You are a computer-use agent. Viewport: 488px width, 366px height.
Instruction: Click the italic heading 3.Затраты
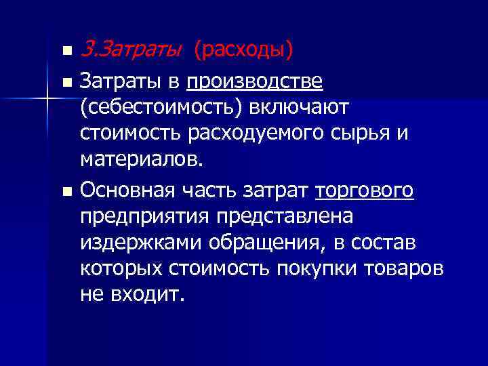(130, 49)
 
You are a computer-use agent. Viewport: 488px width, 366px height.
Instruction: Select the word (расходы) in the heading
(243, 49)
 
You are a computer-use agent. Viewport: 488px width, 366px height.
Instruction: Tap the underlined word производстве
(255, 83)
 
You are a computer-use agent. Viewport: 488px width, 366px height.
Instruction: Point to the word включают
(298, 107)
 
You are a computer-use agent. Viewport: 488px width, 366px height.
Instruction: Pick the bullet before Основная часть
(66, 192)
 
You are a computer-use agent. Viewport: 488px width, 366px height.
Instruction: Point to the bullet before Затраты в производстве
(66, 84)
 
